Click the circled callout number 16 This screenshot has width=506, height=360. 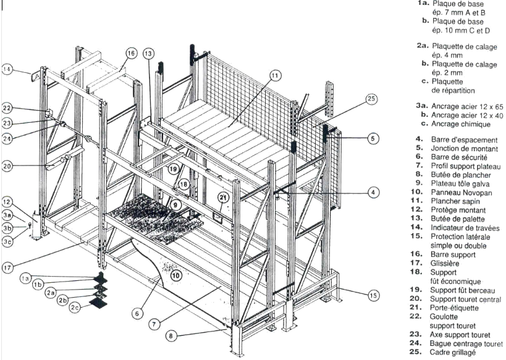pos(132,53)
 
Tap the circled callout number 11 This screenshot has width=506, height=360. pos(274,76)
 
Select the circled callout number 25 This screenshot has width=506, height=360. pos(371,99)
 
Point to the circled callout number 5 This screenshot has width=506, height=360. pos(373,138)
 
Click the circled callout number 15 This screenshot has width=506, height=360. pos(373,296)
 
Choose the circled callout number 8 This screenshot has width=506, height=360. pos(171,336)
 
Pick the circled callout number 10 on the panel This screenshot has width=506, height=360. pos(176,275)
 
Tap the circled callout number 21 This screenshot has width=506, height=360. pos(223,197)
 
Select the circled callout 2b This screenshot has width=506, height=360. pos(62,300)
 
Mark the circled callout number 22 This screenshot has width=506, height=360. pos(7,107)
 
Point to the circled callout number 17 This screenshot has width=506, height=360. pos(7,267)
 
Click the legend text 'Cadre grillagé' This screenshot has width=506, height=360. pos(452,353)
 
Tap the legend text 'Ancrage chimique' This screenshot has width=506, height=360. pos(461,124)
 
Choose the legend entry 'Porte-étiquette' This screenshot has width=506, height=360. pos(454,308)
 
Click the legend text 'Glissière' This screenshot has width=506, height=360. pos(445,263)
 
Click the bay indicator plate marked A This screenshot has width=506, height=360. pos(35,76)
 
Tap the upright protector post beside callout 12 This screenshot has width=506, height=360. pos(37,226)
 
